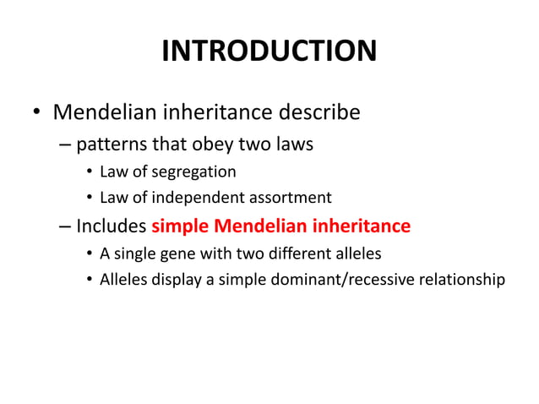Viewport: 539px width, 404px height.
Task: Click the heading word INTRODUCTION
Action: pyautogui.click(x=269, y=52)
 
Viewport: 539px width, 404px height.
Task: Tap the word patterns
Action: pyautogui.click(x=110, y=145)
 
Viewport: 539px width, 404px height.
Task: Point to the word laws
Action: pyautogui.click(x=291, y=145)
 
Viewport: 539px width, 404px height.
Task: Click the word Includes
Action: pyautogui.click(x=112, y=227)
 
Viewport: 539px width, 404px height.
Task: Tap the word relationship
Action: pyautogui.click(x=462, y=280)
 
